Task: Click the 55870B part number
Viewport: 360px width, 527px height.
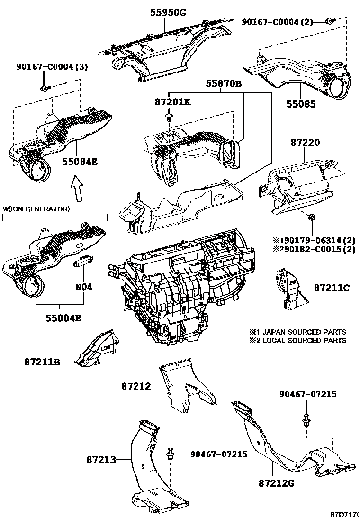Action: click(x=223, y=84)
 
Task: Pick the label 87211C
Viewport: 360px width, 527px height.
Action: click(x=331, y=288)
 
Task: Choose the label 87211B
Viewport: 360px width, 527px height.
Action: click(x=42, y=362)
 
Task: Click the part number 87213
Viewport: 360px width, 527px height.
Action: click(x=101, y=459)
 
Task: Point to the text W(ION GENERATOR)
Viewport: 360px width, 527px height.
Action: click(x=36, y=209)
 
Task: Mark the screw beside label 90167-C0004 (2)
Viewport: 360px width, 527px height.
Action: click(x=329, y=21)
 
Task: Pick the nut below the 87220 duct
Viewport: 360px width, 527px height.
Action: click(x=312, y=218)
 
